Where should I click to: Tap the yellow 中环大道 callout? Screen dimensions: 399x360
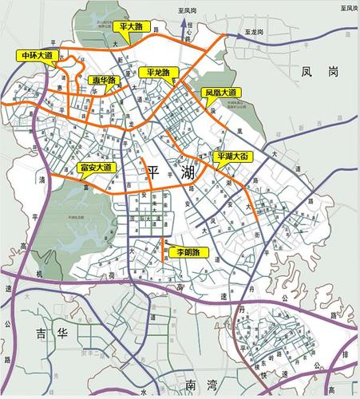pyautogui.click(x=36, y=55)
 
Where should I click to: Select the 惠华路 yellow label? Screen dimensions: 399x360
pyautogui.click(x=104, y=80)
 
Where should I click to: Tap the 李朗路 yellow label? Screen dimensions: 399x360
pyautogui.click(x=185, y=253)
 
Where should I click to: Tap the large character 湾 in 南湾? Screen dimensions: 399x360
pyautogui.click(x=213, y=385)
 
